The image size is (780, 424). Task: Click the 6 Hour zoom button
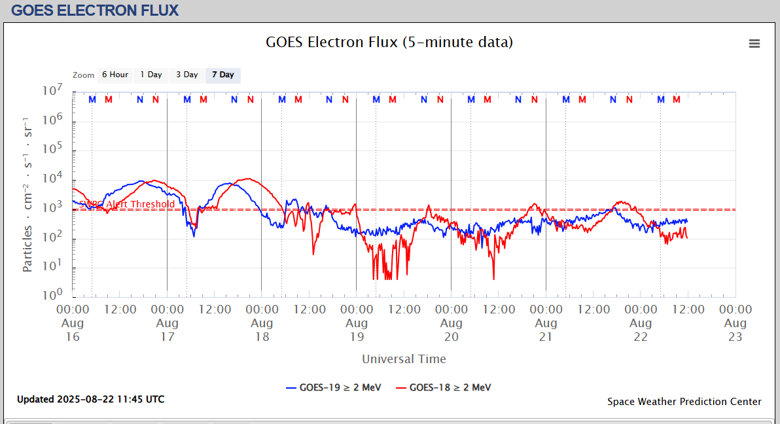click(x=115, y=75)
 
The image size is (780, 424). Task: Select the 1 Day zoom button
click(x=151, y=75)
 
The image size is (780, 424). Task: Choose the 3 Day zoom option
click(x=186, y=75)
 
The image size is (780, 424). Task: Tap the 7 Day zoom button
click(x=222, y=75)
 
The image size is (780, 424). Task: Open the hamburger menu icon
click(x=754, y=44)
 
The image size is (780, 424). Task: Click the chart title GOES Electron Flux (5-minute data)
click(x=389, y=43)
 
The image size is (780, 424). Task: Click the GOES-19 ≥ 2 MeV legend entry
click(x=334, y=387)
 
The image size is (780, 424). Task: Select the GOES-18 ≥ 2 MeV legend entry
click(x=444, y=387)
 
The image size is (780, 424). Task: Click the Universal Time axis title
click(x=404, y=359)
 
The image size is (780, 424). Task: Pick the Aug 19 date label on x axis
click(x=356, y=330)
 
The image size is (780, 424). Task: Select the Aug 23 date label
click(x=735, y=330)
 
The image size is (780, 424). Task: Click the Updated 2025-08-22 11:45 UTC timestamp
click(x=91, y=399)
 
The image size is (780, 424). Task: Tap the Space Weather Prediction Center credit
click(x=684, y=402)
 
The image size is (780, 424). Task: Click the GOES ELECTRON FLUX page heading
click(x=95, y=10)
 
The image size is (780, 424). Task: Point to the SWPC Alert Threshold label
click(x=128, y=204)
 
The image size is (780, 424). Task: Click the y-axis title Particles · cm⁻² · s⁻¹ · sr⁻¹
click(x=28, y=194)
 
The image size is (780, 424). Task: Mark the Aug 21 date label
click(x=546, y=330)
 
